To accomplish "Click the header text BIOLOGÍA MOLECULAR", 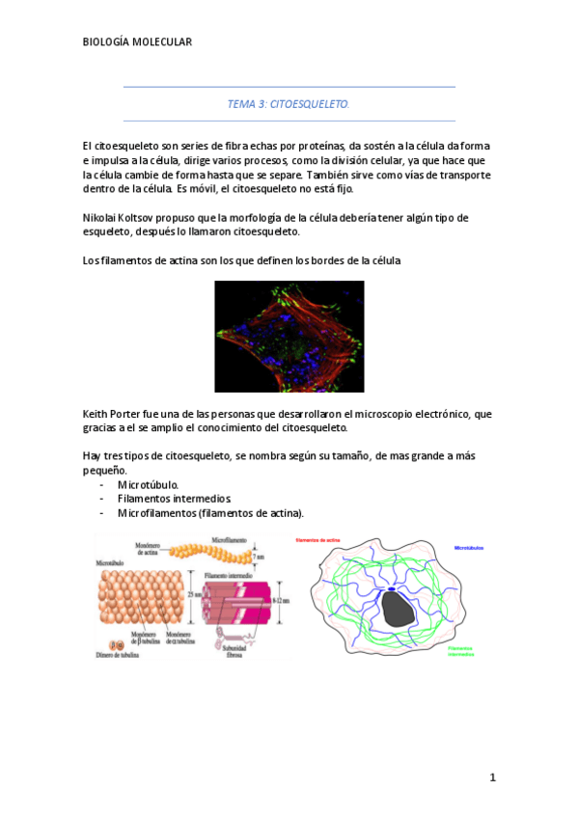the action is [138, 41].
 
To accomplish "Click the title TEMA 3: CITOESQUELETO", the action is [289, 102].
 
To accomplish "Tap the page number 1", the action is [492, 777].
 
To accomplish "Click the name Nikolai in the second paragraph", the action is [102, 217].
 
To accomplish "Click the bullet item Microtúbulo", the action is [148, 484].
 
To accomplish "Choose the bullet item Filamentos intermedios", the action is [174, 499].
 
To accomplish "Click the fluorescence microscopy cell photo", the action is [289, 336].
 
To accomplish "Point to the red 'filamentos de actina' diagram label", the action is [318, 541].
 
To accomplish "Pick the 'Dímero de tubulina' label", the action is [117, 655].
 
